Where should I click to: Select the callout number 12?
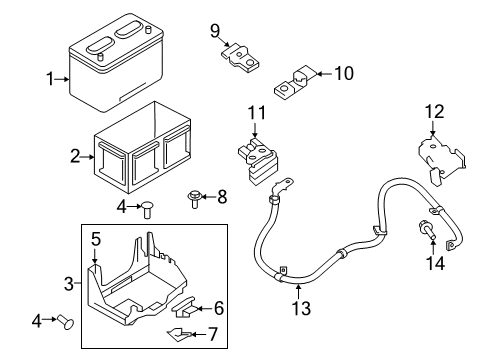[x=433, y=110]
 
